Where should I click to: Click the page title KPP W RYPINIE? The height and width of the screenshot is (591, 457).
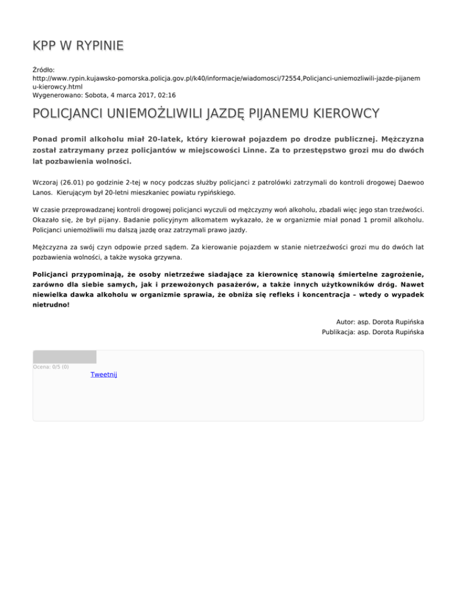(x=78, y=46)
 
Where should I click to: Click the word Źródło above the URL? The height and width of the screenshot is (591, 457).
(x=43, y=70)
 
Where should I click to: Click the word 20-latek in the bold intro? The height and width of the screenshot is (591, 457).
(x=168, y=139)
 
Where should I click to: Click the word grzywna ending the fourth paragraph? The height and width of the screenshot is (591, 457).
(x=168, y=258)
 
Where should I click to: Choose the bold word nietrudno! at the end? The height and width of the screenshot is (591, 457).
(x=51, y=304)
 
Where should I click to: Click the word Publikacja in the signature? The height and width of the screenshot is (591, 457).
(x=338, y=332)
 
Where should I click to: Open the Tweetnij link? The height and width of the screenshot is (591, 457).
(x=104, y=375)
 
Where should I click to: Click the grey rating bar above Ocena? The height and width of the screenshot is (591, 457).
(x=64, y=357)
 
